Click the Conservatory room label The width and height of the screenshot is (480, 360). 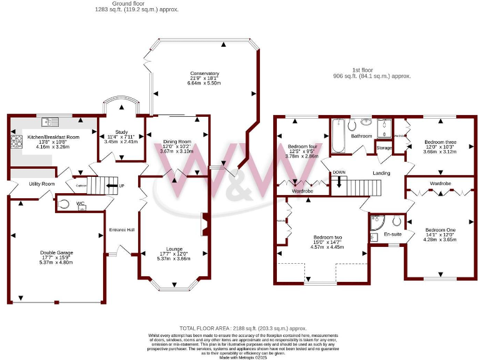coord(204,74)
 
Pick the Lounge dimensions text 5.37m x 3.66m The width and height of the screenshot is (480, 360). coord(172,259)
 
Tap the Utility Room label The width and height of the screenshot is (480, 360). coord(42,184)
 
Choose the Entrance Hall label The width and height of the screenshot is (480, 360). coord(122,229)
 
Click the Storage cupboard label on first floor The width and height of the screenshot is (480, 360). coord(384,148)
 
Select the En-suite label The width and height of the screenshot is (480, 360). coord(392,234)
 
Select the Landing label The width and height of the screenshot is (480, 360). coord(381,173)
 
